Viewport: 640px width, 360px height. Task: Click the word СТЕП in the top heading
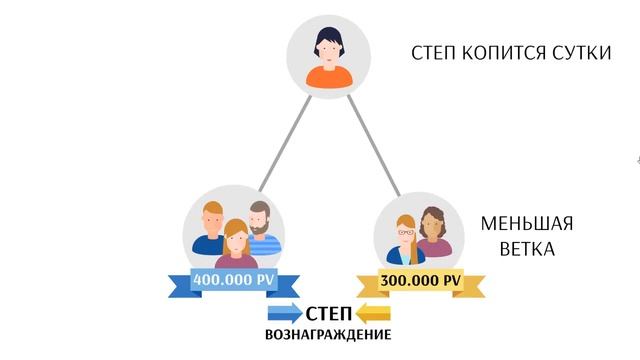(438, 52)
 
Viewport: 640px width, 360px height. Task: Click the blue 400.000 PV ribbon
(234, 282)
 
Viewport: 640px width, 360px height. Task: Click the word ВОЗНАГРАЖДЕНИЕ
(328, 335)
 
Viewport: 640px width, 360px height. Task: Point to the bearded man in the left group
(260, 227)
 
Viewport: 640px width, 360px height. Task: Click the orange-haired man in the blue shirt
(210, 228)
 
